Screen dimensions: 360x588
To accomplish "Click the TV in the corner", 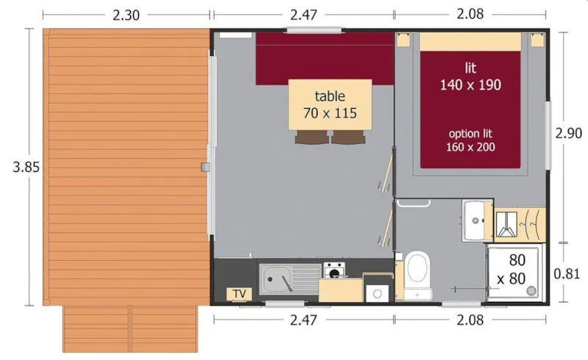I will pyautogui.click(x=239, y=294).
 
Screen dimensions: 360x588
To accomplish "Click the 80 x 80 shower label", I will pyautogui.click(x=516, y=269).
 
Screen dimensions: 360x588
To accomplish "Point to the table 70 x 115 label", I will pyautogui.click(x=329, y=105).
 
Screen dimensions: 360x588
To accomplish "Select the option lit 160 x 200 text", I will pyautogui.click(x=470, y=140).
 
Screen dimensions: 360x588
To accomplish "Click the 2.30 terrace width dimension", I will pyautogui.click(x=127, y=13).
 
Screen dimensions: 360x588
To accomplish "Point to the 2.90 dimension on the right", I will pyautogui.click(x=568, y=133).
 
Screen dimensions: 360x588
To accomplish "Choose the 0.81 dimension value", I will pyautogui.click(x=567, y=274).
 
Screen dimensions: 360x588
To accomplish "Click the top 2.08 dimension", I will pyautogui.click(x=470, y=13).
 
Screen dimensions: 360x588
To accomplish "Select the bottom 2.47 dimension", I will pyautogui.click(x=303, y=320).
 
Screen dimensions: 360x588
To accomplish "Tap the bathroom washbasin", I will pyautogui.click(x=476, y=218).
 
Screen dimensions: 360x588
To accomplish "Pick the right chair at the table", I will pyautogui.click(x=347, y=137).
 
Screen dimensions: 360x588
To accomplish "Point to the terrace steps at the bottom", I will pyautogui.click(x=130, y=328).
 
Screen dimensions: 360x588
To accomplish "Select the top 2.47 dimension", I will pyautogui.click(x=303, y=13).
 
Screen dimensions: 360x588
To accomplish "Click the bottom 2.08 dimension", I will pyautogui.click(x=470, y=320).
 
